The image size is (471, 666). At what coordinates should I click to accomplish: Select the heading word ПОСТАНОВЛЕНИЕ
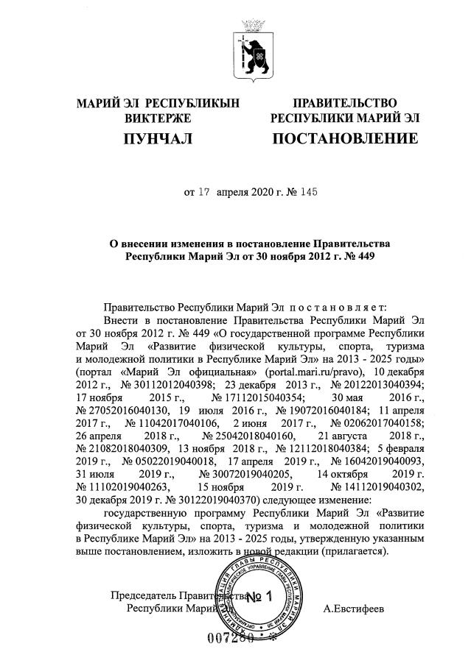pyautogui.click(x=345, y=138)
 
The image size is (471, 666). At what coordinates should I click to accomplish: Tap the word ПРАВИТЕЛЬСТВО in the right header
pyautogui.click(x=345, y=102)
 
